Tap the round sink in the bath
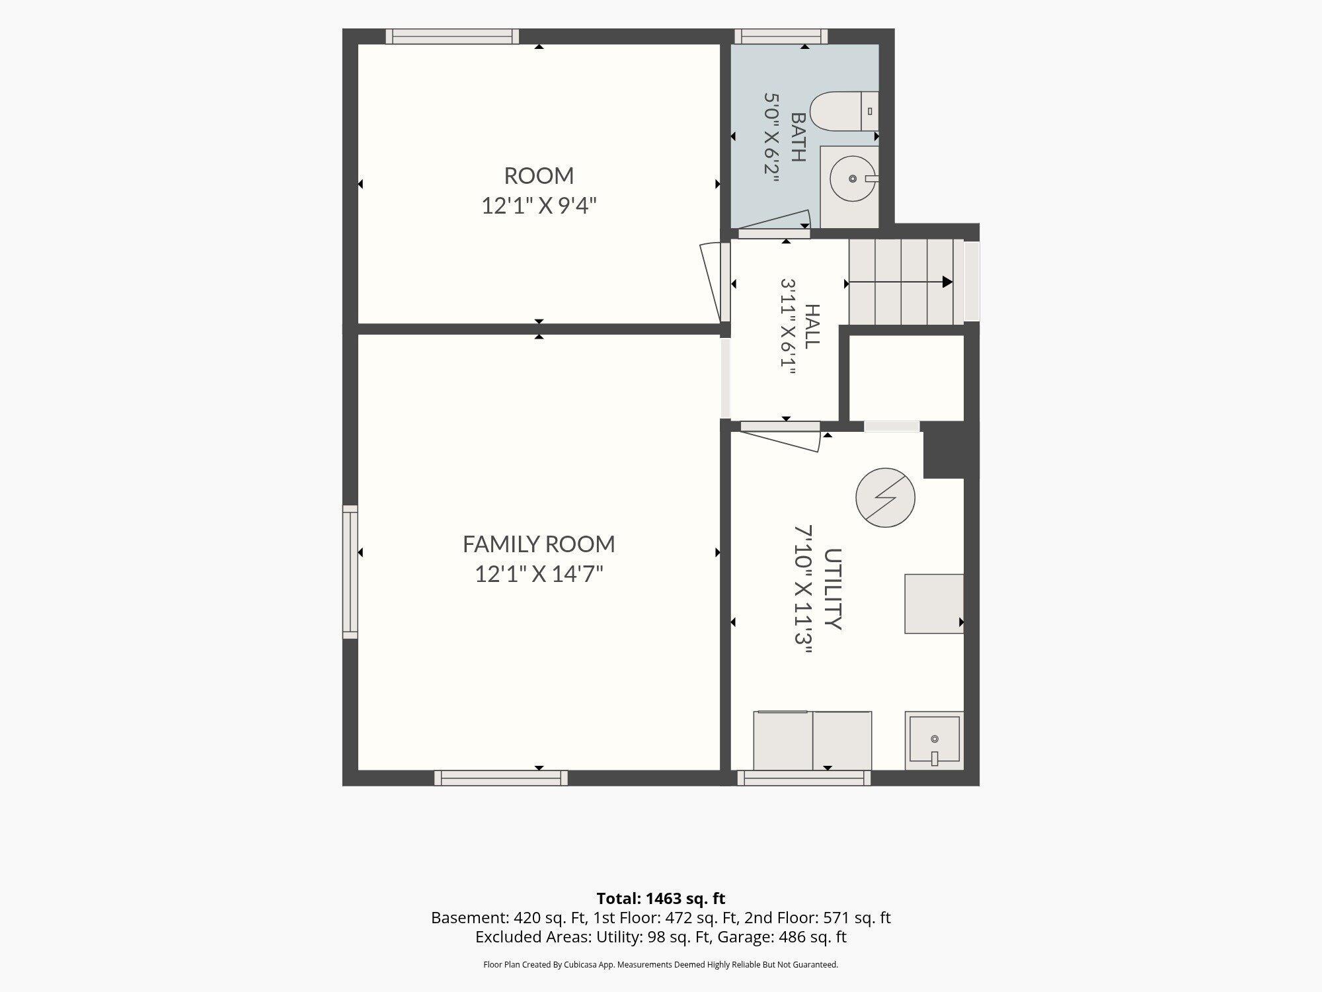click(853, 179)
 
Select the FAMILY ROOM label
click(539, 544)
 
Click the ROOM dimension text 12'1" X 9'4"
click(539, 206)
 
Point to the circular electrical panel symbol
click(885, 497)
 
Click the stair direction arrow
click(900, 282)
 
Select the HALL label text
click(812, 326)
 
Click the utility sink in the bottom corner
click(934, 741)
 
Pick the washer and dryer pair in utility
click(812, 741)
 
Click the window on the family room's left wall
click(350, 572)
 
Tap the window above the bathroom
click(781, 36)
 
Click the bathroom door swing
click(774, 223)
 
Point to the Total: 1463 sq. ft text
click(661, 899)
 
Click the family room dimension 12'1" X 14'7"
click(539, 573)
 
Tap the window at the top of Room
click(452, 36)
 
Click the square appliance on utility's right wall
click(934, 604)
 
